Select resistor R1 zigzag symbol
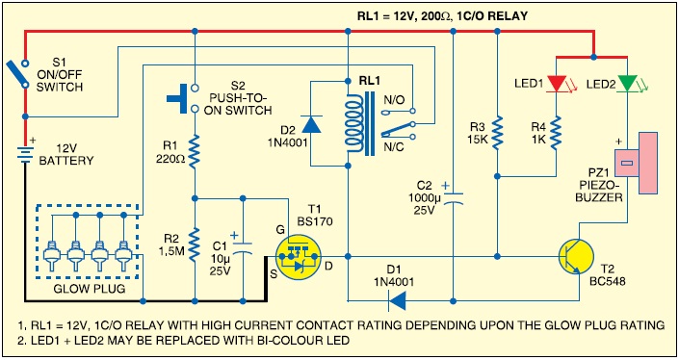click(x=194, y=148)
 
